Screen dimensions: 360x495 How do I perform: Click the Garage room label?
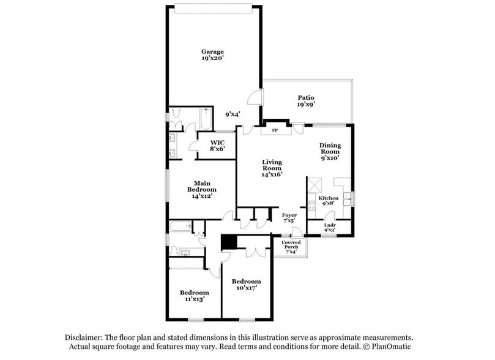click(x=212, y=51)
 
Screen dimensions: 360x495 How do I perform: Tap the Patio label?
click(x=306, y=97)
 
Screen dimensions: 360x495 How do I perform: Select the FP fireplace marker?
click(x=275, y=130)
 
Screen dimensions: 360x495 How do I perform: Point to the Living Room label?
click(x=272, y=165)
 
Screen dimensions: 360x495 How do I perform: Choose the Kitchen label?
click(x=328, y=198)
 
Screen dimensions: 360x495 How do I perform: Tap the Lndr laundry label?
click(x=329, y=225)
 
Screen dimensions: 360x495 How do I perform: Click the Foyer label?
click(x=289, y=216)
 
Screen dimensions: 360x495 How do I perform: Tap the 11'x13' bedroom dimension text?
click(x=194, y=299)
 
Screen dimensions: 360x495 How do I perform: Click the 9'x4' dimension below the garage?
click(x=233, y=114)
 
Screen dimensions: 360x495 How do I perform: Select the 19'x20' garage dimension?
click(x=212, y=59)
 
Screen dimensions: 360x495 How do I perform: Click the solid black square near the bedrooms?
click(x=229, y=242)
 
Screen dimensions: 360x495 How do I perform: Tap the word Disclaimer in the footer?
click(x=84, y=337)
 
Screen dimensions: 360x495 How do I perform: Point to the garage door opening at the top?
click(x=213, y=8)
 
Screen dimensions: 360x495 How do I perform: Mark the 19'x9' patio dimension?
click(x=306, y=105)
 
